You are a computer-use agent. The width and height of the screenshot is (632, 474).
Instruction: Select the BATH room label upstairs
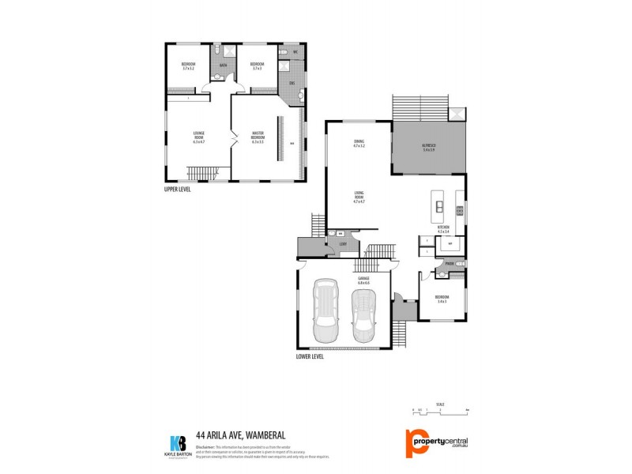pos(224,65)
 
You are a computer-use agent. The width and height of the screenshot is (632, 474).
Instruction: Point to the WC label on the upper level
pos(295,52)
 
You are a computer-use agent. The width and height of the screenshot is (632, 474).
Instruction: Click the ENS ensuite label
pos(292,83)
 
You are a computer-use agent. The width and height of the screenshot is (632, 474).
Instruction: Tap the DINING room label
pos(359,144)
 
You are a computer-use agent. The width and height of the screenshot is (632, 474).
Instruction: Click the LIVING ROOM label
pos(359,197)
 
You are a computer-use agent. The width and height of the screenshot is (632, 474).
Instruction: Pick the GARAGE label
pos(363,280)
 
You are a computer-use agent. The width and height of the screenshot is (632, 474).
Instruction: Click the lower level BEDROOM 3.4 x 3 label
pos(441,299)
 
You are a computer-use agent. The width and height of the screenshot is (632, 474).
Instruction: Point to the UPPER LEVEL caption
pos(178,190)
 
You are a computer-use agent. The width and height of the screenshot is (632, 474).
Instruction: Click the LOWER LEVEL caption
pos(310,356)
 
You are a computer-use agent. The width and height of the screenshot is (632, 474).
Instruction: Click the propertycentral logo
pos(437,441)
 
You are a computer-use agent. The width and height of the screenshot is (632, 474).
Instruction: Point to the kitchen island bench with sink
pos(436,209)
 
